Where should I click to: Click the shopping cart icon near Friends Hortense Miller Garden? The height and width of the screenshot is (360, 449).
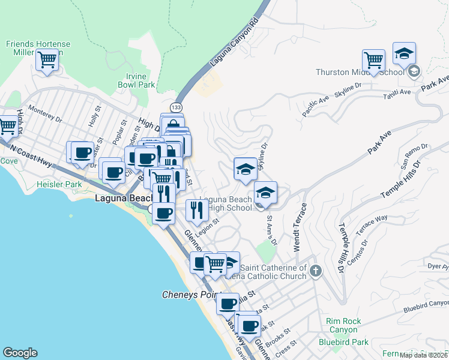point(47,60)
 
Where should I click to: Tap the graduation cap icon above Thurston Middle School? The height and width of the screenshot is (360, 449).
point(405,53)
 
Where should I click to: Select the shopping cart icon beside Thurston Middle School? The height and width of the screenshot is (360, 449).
point(374,60)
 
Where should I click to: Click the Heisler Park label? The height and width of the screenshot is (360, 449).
point(59,185)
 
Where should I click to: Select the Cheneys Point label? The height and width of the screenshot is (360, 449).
point(191,295)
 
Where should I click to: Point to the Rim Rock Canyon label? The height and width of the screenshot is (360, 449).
point(344,325)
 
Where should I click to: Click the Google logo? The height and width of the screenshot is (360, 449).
point(20,353)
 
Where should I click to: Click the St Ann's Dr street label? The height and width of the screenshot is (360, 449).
point(271,230)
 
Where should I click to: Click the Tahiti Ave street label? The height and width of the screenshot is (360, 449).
point(397,92)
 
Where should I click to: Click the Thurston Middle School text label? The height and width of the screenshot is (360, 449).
point(360,73)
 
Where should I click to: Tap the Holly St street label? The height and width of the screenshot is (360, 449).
point(94,113)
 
